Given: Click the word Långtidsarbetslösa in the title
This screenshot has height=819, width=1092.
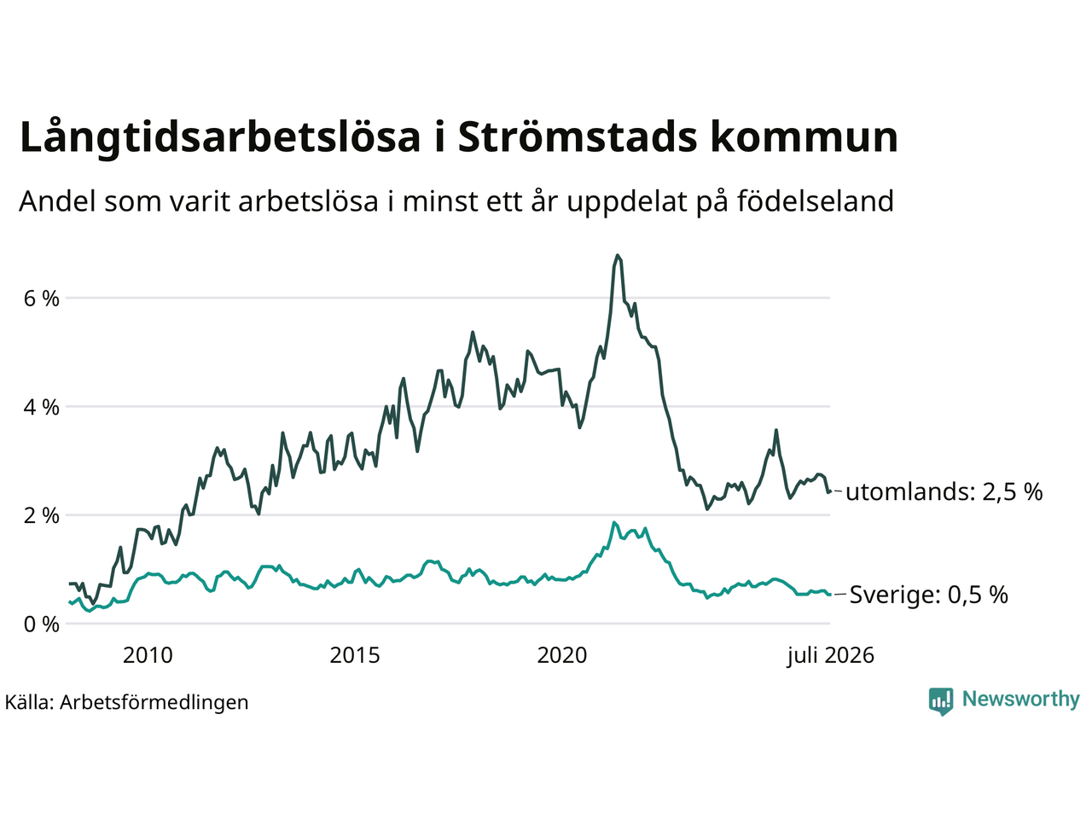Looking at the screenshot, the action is coord(220,137).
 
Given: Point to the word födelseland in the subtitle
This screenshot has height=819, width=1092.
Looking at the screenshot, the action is coord(816,201).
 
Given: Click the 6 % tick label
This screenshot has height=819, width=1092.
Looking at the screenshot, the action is coord(41,299).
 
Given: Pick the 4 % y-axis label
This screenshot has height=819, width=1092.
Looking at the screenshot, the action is coord(41,407).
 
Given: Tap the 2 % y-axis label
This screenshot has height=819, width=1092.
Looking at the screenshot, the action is coord(41,515).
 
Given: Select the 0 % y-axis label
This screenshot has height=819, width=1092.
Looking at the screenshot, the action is coord(41,624).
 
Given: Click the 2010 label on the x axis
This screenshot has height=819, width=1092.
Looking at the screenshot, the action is coord(148,655).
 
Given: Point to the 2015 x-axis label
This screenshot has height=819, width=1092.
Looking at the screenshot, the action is coord(355,655).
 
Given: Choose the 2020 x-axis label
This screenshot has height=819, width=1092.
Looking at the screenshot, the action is coord(562,655).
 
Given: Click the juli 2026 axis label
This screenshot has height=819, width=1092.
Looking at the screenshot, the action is coord(830,656).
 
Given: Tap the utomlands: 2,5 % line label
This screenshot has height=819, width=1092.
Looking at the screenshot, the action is coord(944,491).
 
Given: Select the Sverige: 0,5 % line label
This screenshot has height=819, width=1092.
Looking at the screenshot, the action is coord(929,595).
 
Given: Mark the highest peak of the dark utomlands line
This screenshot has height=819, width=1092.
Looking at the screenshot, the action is coord(618,255).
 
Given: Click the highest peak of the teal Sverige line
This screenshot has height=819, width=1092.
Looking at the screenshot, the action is coord(614,522).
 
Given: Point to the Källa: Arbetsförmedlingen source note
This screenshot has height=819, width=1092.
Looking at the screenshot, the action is coord(126,702).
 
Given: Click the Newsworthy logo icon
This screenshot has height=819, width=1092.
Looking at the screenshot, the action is coord(941,701).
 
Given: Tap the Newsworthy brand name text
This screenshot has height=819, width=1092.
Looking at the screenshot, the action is coord(1021,699).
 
